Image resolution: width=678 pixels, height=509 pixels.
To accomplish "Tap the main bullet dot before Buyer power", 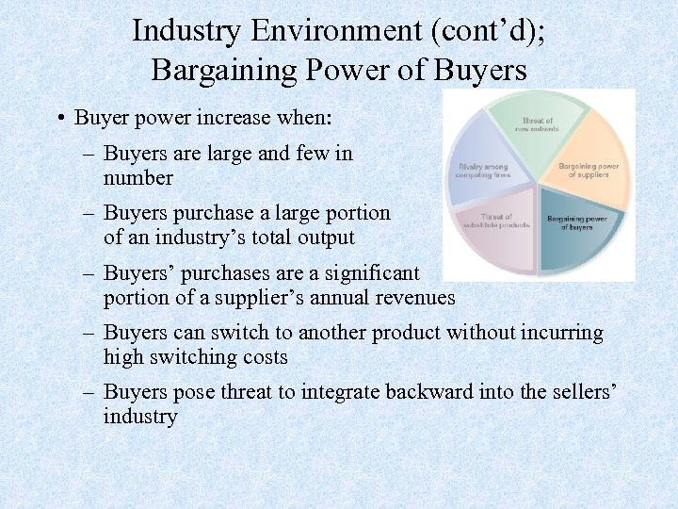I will (59, 119).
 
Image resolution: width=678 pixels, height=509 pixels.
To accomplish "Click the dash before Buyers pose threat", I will (89, 392).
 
